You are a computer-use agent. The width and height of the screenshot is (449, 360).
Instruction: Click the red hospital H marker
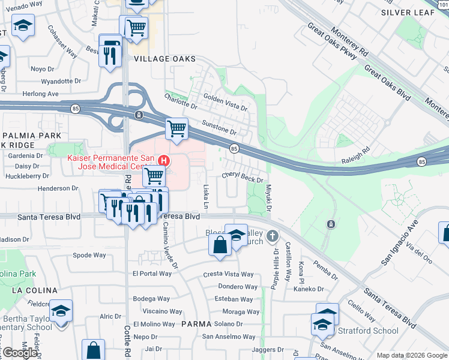click(164, 160)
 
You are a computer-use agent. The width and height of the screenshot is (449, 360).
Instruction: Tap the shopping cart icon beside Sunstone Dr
click(176, 128)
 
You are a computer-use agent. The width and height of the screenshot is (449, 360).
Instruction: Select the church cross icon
click(273, 236)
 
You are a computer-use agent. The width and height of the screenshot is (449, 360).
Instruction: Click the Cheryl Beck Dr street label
click(243, 176)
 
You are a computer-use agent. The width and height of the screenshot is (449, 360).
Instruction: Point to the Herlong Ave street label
click(41, 94)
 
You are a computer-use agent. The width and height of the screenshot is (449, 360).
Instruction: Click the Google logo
click(20, 353)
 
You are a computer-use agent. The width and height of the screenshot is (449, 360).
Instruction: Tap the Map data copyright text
click(411, 355)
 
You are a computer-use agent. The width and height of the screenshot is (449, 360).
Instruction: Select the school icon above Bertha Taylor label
click(61, 311)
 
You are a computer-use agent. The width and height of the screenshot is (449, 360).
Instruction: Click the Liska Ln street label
click(206, 195)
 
